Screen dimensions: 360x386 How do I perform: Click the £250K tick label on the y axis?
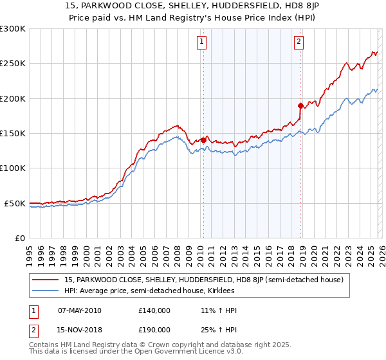tap(13, 64)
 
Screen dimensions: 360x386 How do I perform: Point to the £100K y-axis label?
tap(13, 168)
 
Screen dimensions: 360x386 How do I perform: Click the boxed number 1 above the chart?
tap(202, 42)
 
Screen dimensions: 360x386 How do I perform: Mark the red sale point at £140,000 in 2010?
tap(203, 139)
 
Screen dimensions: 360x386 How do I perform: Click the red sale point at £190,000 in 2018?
tap(300, 105)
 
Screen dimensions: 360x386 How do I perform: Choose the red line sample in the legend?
tap(46, 280)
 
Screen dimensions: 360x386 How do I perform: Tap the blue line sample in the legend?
tap(46, 291)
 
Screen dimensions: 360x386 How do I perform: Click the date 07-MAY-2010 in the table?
tap(79, 310)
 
